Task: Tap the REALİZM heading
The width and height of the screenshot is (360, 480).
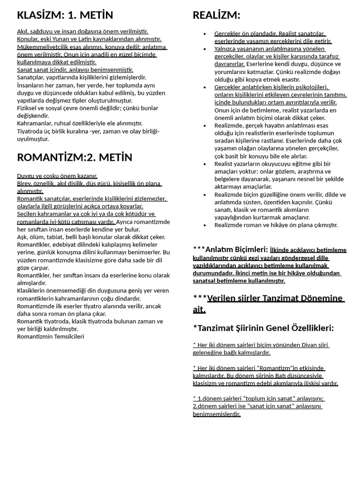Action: tap(216, 15)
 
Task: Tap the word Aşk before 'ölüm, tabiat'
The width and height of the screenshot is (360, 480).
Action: tap(22, 237)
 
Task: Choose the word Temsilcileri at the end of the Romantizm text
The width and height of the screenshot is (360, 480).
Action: tap(68, 336)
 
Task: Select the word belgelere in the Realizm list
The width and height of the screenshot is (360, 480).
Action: tap(228, 179)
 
